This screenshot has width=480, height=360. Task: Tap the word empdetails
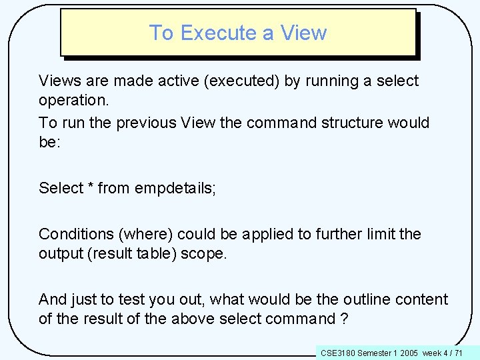[x=174, y=189]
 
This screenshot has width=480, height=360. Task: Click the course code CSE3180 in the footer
[x=338, y=352]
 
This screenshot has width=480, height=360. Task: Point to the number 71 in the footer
[x=459, y=352]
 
